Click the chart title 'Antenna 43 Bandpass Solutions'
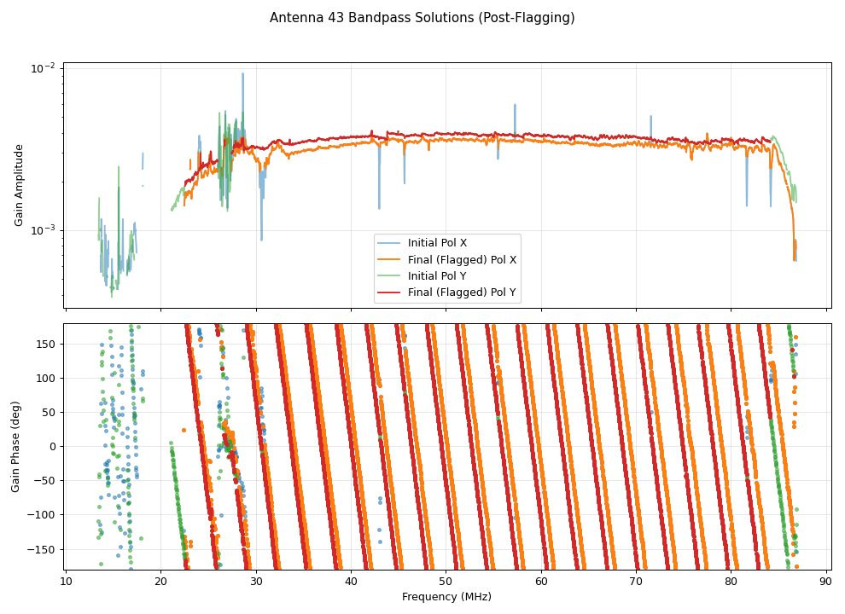point(422,18)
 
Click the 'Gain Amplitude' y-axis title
point(19,185)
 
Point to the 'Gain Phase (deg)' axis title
point(15,447)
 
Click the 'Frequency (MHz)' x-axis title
point(446,597)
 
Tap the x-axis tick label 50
point(446,582)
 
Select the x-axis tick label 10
point(66,582)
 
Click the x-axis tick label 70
point(636,582)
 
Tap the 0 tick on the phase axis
point(53,446)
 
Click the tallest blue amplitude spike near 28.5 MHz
point(242,74)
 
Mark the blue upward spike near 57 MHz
point(515,106)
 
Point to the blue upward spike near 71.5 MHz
point(650,117)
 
